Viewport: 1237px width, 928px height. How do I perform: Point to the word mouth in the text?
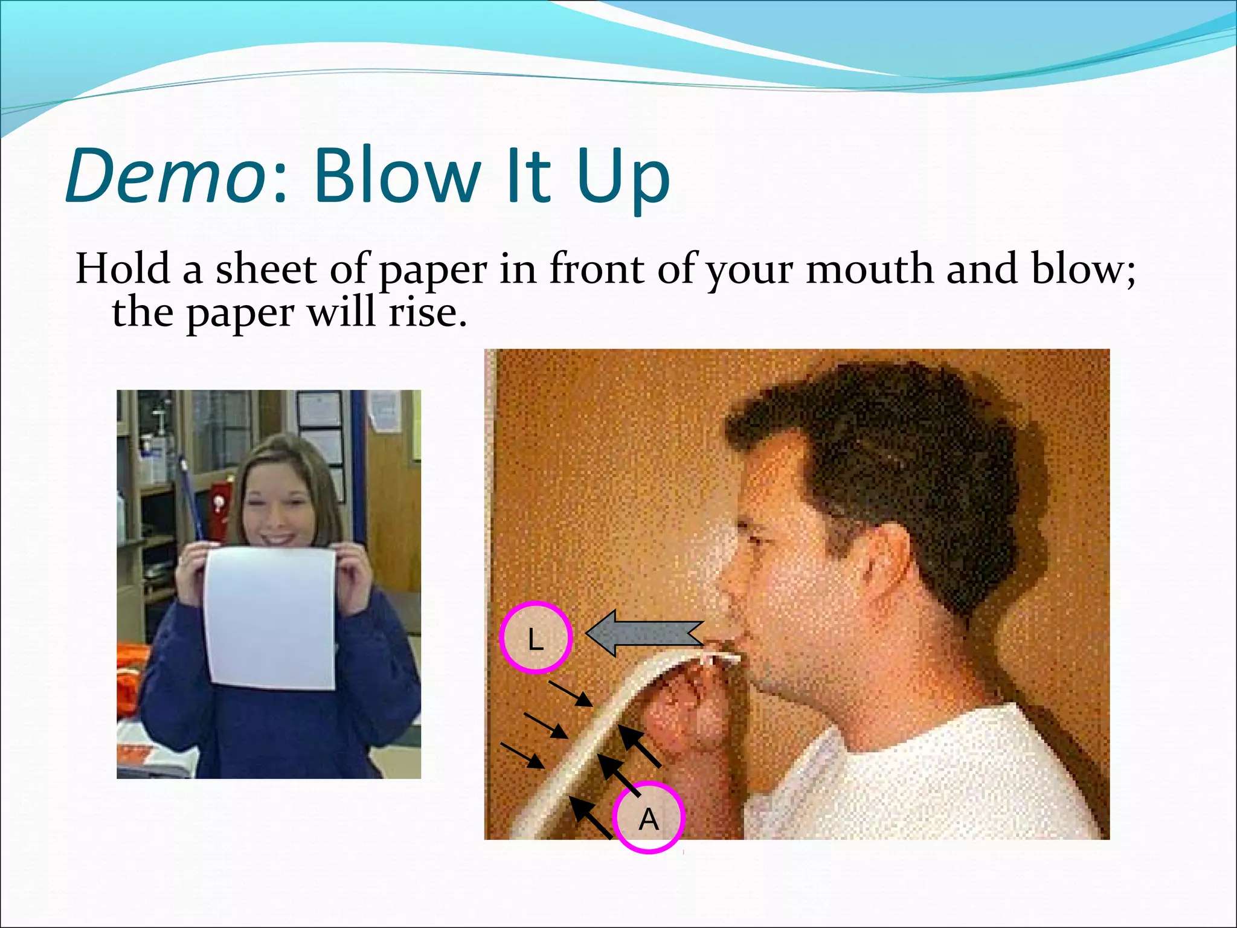pos(870,269)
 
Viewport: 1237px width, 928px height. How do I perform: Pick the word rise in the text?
pos(427,313)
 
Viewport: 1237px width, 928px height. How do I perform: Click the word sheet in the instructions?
pos(266,269)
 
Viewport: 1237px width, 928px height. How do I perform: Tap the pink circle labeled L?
pos(535,637)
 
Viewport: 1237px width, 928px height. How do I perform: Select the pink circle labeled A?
pos(649,818)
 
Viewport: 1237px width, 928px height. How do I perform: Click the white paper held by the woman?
pos(270,616)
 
